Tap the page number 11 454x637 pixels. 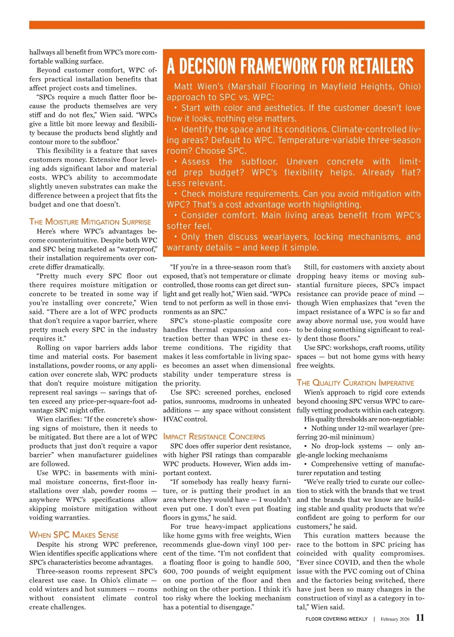click(420, 618)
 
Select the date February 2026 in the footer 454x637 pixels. click(395, 619)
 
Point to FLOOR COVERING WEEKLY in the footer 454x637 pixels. click(337, 619)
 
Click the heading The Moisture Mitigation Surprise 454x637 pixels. click(90, 222)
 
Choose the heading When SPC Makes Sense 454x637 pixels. click(74, 535)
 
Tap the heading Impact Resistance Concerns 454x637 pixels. click(214, 437)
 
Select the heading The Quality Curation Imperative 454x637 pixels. click(355, 383)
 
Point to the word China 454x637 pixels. click(414, 571)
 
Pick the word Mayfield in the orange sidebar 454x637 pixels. click(338, 87)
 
